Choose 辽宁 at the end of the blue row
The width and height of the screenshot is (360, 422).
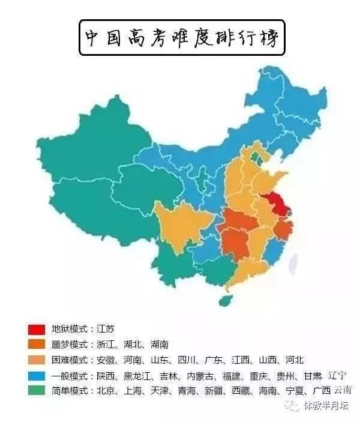[x=337, y=375]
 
